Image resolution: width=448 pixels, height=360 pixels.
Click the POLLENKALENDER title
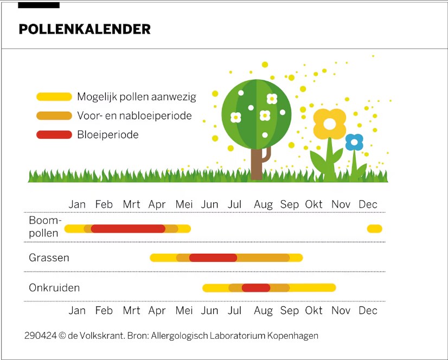85,29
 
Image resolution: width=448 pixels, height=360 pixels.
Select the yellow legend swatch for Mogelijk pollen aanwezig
54,97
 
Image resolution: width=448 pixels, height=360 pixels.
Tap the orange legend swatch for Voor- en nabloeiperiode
54,116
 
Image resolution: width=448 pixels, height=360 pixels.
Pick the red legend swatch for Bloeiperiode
54,134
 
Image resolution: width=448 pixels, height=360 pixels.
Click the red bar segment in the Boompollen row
128,229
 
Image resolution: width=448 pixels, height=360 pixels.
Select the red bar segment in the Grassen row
213,258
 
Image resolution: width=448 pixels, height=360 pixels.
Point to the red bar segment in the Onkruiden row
256,288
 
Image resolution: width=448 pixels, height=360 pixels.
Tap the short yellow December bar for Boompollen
374,229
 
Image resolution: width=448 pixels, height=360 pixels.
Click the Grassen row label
49,258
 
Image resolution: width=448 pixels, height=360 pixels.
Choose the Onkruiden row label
54,288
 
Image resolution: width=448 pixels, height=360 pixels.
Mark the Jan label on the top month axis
77,204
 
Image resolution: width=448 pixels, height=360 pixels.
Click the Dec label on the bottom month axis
368,311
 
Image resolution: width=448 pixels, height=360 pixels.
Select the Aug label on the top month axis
263,204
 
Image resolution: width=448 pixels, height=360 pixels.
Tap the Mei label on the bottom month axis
184,311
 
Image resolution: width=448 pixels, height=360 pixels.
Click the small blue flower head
354,142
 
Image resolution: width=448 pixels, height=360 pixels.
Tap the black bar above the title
39,5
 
